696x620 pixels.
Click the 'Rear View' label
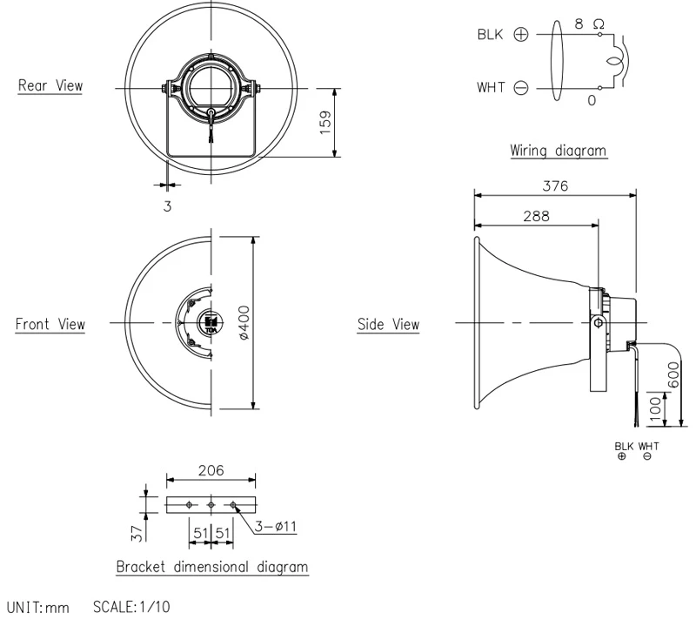click(50, 85)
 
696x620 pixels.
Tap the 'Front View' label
click(50, 325)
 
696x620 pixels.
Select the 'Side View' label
click(388, 325)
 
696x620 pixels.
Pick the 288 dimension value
click(536, 216)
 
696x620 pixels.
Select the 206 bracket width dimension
click(211, 470)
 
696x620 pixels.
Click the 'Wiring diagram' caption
click(558, 151)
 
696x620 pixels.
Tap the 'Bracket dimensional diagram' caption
click(212, 567)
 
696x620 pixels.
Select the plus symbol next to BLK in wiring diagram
click(520, 36)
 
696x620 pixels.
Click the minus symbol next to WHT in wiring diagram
click(520, 88)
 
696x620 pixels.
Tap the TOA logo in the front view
click(210, 325)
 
